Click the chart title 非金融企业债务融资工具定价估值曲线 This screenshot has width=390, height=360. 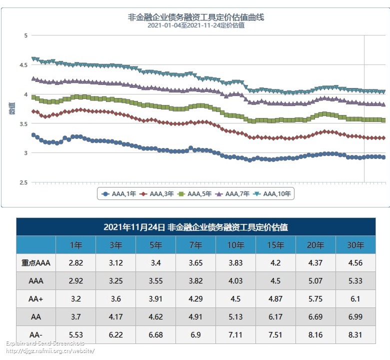point(196,17)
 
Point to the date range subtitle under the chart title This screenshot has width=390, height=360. point(196,25)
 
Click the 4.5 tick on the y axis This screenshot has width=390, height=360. point(26,64)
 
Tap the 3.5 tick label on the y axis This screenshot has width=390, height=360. point(26,123)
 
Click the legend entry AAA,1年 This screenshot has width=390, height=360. point(118,193)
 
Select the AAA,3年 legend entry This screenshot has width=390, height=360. point(156,193)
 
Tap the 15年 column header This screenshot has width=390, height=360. point(275,245)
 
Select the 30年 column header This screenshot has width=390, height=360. point(355,245)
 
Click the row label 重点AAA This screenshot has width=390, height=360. point(36,262)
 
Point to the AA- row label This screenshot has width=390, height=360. point(36,334)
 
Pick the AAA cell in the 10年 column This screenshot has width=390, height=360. point(235,280)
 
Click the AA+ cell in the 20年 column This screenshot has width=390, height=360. point(315,298)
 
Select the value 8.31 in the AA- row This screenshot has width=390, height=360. point(355,334)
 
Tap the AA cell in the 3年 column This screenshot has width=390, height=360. point(115,316)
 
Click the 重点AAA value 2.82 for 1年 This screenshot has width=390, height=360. point(75,262)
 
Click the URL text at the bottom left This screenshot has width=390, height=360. point(50,351)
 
